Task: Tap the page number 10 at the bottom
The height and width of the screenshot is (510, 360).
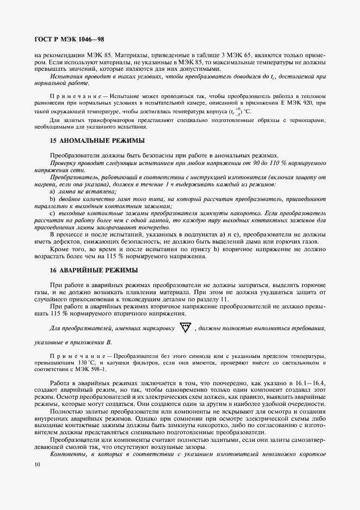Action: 36,465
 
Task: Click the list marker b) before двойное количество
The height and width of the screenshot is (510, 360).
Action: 52,200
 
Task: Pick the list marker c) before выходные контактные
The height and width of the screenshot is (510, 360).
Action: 52,214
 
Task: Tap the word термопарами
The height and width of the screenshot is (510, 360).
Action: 309,120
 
